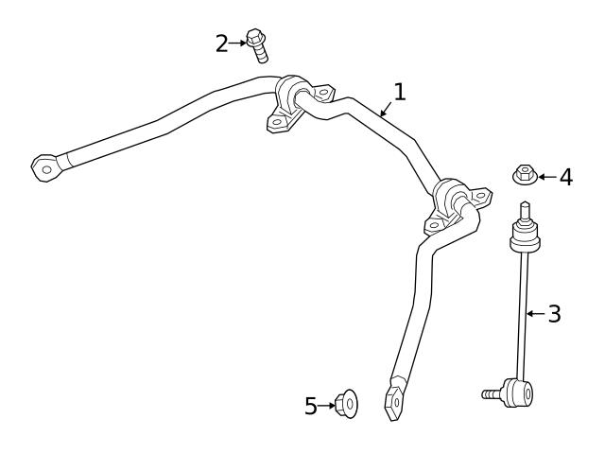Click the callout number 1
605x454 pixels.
pos(399,92)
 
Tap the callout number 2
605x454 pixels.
pos(222,43)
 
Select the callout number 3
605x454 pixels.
pos(554,314)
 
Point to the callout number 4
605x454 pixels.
pos(565,177)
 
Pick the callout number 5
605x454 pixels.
pos(311,406)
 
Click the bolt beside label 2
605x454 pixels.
pos(256,45)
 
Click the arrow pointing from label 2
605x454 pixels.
pos(237,42)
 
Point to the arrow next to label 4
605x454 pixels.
pos(545,177)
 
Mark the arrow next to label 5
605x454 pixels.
pos(327,406)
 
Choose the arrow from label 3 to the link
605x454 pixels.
pos(535,314)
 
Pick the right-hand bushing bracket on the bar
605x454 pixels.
pos(452,204)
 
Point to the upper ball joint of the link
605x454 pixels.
pos(525,236)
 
